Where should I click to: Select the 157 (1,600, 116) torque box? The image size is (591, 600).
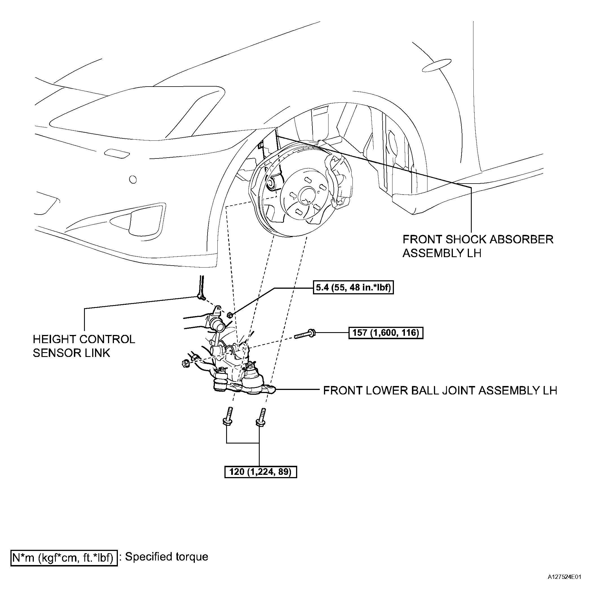point(386,333)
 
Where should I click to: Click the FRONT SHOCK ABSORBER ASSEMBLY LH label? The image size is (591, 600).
point(478,246)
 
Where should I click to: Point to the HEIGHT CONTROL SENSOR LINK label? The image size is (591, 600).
point(84,346)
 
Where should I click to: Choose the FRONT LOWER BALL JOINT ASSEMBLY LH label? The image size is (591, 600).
point(440,391)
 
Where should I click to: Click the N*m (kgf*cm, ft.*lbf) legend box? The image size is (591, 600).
point(64,558)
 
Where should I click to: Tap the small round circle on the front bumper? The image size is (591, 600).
point(133,179)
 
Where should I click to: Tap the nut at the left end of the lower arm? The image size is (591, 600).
point(186,363)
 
